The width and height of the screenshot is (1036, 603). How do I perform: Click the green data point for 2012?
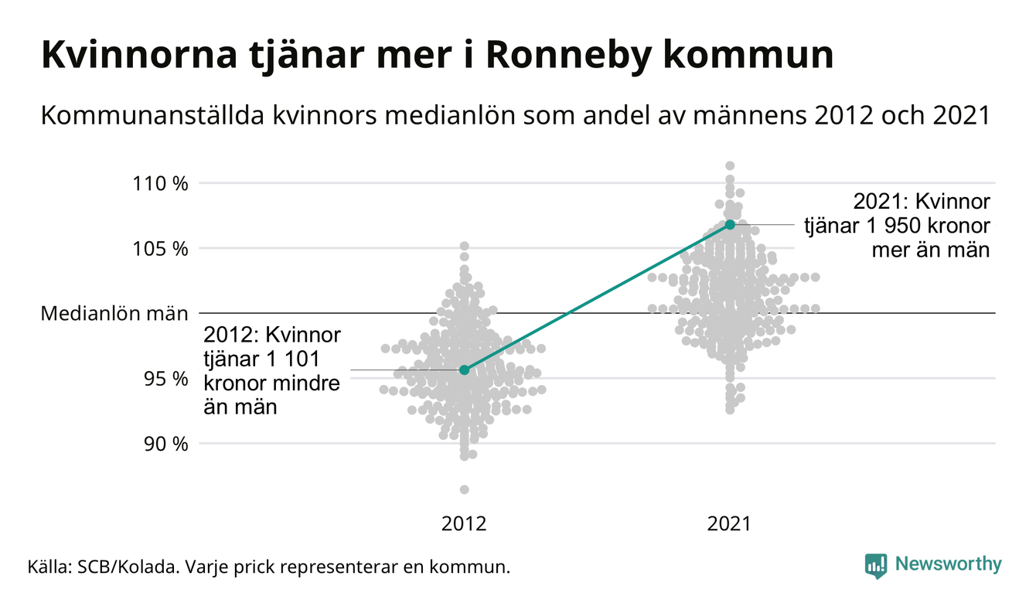464,370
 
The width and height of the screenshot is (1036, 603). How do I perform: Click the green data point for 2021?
730,224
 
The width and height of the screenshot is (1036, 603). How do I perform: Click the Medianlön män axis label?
114,314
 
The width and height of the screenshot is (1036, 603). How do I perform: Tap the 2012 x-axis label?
464,524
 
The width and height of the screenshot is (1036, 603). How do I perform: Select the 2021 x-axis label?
730,524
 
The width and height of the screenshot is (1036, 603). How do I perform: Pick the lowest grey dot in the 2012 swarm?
464,489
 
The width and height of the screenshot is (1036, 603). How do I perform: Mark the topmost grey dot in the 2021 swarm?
730,165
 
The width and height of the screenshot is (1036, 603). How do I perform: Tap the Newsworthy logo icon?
876,565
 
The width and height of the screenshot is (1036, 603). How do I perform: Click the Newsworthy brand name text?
949,564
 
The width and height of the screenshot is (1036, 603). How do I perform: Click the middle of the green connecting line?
597,298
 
